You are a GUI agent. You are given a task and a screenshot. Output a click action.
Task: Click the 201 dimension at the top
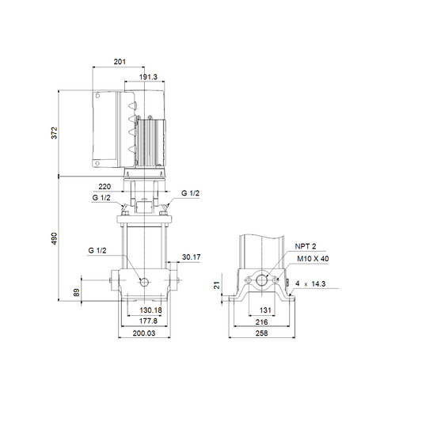pyautogui.click(x=120, y=62)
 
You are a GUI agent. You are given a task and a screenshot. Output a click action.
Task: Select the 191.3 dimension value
pyautogui.click(x=148, y=77)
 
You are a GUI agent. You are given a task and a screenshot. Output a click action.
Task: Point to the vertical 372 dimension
pyautogui.click(x=55, y=133)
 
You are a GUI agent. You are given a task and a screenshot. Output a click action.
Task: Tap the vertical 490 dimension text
pyautogui.click(x=55, y=238)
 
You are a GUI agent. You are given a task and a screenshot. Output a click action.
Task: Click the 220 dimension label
pyautogui.click(x=105, y=187)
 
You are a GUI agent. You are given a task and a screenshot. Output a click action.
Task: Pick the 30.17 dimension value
pyautogui.click(x=192, y=257)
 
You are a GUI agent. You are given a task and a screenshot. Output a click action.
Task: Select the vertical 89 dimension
pyautogui.click(x=77, y=292)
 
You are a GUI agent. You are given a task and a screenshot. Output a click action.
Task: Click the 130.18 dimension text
pyautogui.click(x=150, y=310)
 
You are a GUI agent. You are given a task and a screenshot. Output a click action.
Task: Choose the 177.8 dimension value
pyautogui.click(x=148, y=321)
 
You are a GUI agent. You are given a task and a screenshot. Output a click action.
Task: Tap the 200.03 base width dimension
pyautogui.click(x=144, y=333)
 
